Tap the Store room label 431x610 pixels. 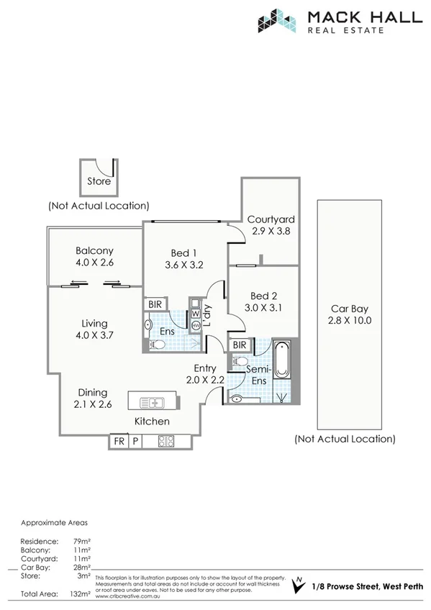[99, 181]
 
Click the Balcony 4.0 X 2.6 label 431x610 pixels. [94, 257]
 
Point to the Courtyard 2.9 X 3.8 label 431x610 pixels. [271, 226]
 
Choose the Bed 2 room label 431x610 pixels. [264, 302]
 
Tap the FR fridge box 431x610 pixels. [119, 442]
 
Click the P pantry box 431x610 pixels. [135, 442]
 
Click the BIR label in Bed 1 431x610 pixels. [155, 305]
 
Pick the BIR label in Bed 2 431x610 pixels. [240, 345]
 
